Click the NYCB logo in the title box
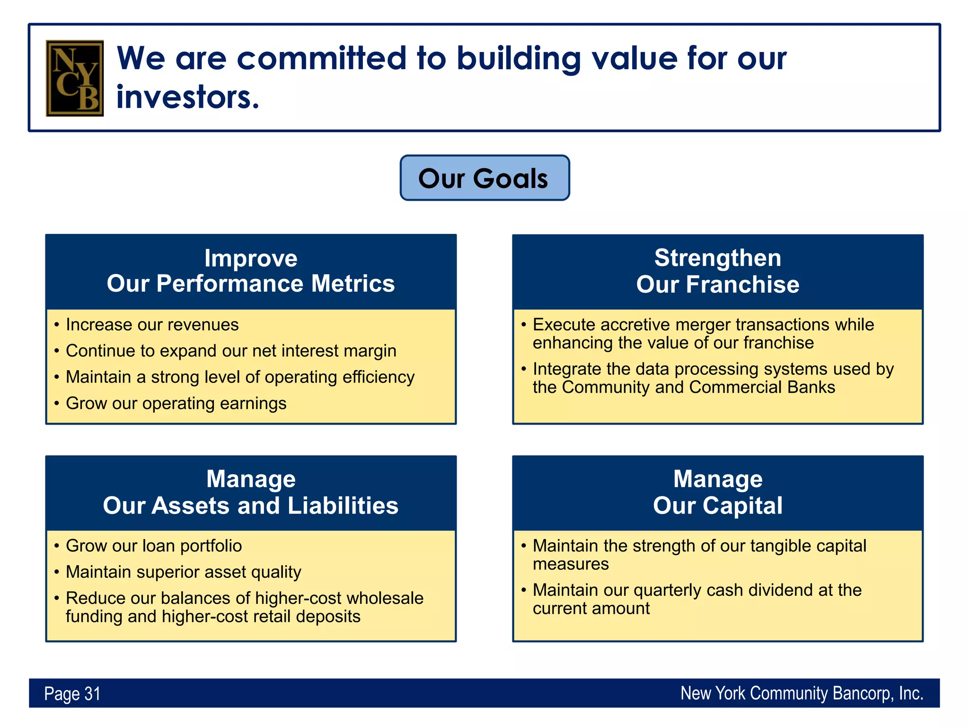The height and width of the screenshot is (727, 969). click(74, 78)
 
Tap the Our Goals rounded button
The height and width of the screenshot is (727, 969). click(484, 178)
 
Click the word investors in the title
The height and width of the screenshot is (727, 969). click(187, 97)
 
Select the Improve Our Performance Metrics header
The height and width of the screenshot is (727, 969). click(251, 271)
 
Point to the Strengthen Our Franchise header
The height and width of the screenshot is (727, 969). click(717, 271)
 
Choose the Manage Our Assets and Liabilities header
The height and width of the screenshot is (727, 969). click(251, 492)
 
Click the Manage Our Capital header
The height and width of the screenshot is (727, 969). click(717, 492)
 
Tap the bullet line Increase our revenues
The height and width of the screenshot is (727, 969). click(152, 325)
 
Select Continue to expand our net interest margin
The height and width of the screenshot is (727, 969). click(231, 351)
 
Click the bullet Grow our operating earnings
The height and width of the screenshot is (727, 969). click(176, 403)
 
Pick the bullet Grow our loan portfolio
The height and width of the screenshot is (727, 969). click(154, 546)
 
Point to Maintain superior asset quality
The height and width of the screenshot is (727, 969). click(183, 572)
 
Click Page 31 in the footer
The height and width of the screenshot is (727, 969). click(72, 694)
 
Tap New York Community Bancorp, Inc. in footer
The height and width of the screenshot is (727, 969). click(802, 693)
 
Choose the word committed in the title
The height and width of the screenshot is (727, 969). click(321, 58)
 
